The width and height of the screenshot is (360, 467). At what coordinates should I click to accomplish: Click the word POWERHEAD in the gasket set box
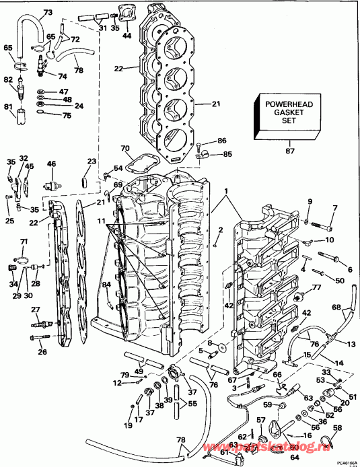click(283, 104)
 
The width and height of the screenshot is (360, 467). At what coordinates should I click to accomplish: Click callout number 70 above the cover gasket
click(124, 149)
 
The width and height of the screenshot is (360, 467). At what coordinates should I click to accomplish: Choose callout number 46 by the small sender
click(51, 164)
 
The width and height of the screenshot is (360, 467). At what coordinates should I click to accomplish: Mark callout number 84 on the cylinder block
click(106, 286)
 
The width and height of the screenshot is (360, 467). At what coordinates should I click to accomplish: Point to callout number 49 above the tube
click(138, 371)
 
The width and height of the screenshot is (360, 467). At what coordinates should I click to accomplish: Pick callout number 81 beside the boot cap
click(8, 107)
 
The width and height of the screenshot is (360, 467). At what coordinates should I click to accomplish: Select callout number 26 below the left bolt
click(42, 352)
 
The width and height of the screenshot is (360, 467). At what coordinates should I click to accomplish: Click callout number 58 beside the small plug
click(336, 428)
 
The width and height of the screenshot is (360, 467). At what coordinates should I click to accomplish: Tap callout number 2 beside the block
click(219, 231)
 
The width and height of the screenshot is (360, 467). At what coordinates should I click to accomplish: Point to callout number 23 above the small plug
click(92, 161)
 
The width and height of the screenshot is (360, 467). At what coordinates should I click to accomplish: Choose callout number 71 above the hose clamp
click(24, 242)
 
